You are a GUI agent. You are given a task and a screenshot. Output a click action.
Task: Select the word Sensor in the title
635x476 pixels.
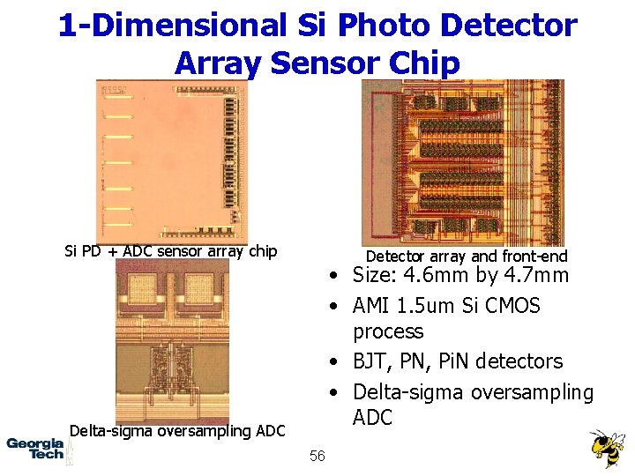(x=311, y=63)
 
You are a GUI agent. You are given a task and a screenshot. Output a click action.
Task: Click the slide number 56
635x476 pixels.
(x=317, y=455)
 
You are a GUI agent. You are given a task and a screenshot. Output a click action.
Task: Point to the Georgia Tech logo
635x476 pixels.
(x=35, y=449)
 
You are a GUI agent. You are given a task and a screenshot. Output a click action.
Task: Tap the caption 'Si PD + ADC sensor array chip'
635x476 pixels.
(x=171, y=251)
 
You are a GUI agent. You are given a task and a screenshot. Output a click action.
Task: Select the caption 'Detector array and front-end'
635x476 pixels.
(x=467, y=257)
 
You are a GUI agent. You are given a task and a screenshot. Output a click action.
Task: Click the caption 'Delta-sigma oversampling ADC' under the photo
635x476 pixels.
(x=177, y=431)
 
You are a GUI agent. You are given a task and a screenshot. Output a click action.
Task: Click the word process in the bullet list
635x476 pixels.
(x=388, y=332)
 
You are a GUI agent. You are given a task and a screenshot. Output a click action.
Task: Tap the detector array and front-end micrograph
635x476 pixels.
(x=462, y=161)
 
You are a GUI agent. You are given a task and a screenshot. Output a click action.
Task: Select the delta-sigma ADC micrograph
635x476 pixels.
(x=172, y=341)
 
